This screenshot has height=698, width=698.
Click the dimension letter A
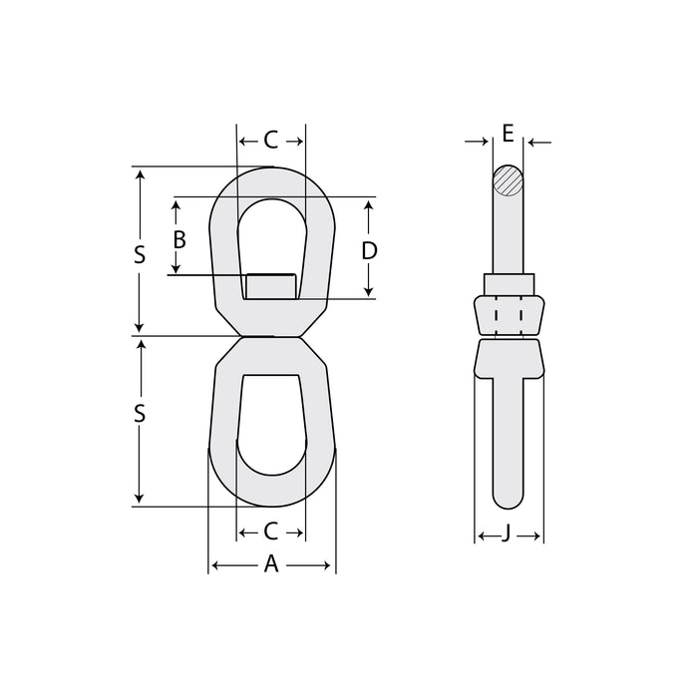[x=271, y=564]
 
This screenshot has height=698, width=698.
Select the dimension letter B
[x=179, y=239]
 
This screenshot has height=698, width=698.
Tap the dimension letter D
[x=369, y=251]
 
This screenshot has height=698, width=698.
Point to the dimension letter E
[x=508, y=133]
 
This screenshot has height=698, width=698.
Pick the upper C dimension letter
[x=271, y=140]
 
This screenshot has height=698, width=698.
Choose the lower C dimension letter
[x=271, y=531]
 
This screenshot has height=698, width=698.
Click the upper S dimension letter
[x=140, y=255]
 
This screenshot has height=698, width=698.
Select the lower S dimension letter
[x=140, y=414]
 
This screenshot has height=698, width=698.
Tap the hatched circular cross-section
[x=508, y=180]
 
